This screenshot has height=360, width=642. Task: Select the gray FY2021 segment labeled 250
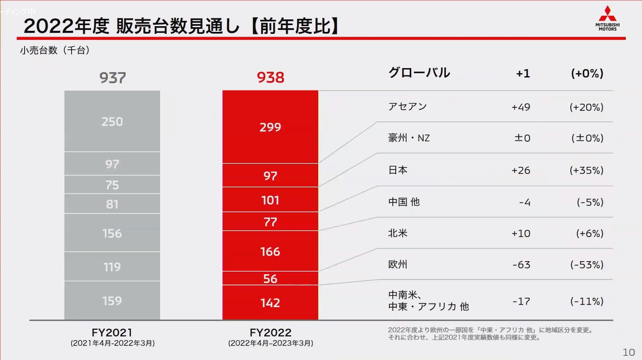[112, 121]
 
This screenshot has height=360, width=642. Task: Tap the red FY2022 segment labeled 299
[270, 127]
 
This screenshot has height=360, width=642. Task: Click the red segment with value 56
[270, 278]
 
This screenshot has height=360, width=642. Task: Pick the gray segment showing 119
[112, 267]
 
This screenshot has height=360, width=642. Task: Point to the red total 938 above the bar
[270, 78]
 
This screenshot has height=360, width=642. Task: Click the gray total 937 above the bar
[112, 78]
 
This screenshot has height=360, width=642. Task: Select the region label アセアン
[407, 107]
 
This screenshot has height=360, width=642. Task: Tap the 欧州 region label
[398, 265]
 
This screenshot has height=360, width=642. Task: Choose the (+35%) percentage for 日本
[586, 171]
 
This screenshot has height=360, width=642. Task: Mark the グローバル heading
[419, 73]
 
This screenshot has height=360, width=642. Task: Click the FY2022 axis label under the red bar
[270, 333]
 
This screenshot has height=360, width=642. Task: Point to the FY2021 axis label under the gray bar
[112, 332]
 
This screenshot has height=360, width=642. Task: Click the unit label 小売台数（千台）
[55, 51]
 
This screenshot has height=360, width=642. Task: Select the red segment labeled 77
[270, 222]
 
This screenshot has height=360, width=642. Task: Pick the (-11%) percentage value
[586, 301]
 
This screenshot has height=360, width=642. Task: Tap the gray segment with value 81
[112, 204]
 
